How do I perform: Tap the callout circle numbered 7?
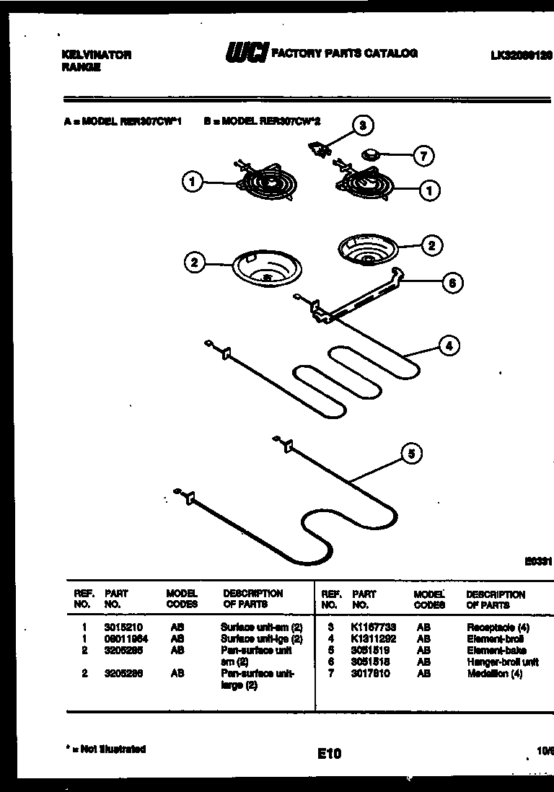pos(423,154)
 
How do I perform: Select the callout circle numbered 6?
pos(452,283)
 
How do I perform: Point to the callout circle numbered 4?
pos(449,346)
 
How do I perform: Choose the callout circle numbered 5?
pos(411,454)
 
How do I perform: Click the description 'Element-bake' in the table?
pos(496,651)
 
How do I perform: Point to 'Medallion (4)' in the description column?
pos(495,674)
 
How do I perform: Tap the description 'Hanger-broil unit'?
pos(503,662)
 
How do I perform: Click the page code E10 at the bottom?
pos(328,754)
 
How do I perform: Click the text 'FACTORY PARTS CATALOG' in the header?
pos(343,53)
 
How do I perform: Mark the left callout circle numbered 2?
pos(193,263)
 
